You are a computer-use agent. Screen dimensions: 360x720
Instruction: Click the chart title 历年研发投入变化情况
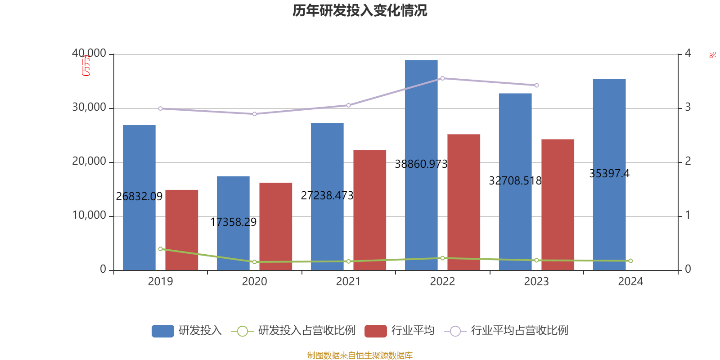tap(360, 10)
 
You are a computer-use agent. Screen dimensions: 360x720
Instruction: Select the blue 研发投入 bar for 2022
tap(421, 112)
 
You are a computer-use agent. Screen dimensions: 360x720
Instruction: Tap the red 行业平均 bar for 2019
tap(182, 229)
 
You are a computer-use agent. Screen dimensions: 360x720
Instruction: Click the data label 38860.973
tap(421, 164)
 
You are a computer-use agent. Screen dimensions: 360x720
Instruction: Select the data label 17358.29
tap(233, 222)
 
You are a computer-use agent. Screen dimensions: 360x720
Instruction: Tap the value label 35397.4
tap(609, 173)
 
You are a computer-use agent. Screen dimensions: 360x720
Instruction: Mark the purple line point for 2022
tap(442, 78)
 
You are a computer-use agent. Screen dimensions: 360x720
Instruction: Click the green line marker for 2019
tap(160, 249)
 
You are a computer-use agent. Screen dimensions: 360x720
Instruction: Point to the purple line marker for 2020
tap(254, 114)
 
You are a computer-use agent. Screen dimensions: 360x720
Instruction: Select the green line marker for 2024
tap(630, 261)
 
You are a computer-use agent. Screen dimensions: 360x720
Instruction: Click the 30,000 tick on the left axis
tap(89, 108)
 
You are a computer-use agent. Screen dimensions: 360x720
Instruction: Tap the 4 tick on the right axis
tap(688, 53)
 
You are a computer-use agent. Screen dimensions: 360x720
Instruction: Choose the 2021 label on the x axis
tap(348, 282)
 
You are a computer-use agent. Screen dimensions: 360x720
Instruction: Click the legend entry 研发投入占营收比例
tap(306, 331)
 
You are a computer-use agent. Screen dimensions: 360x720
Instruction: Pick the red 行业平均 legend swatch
tap(376, 331)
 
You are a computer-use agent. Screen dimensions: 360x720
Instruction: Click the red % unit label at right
tap(712, 55)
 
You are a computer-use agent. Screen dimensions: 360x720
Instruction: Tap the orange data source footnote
tap(360, 355)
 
